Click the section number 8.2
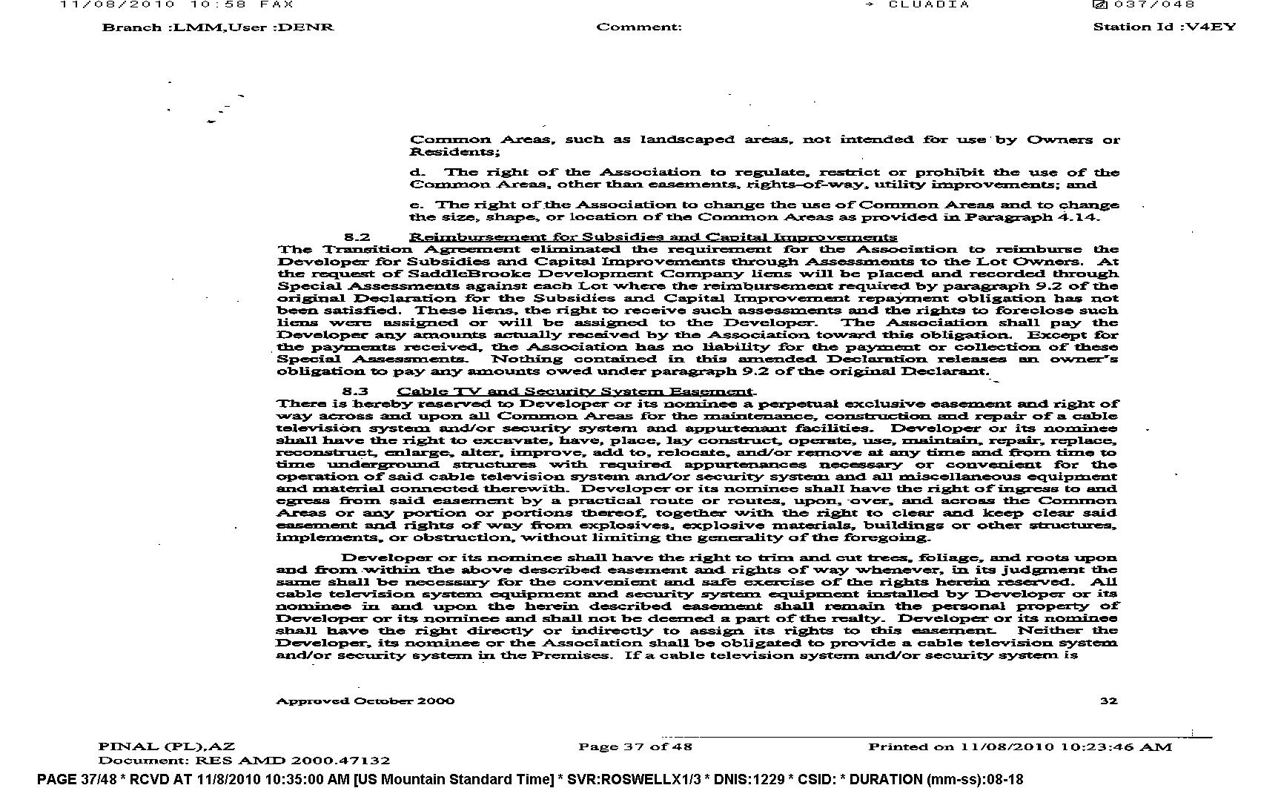(x=357, y=237)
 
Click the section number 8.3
(x=355, y=391)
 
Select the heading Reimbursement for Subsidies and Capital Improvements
(x=653, y=237)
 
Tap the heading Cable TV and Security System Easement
(x=575, y=391)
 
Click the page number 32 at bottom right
(x=1108, y=701)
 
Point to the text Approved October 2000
(x=365, y=701)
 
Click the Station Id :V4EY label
(x=1165, y=27)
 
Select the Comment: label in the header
(x=639, y=27)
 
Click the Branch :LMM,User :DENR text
(x=218, y=27)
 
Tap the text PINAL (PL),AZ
(x=167, y=746)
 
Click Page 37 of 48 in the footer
(x=635, y=746)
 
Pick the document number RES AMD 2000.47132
(x=292, y=760)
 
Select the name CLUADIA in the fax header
(x=929, y=4)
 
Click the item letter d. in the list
(x=417, y=173)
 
